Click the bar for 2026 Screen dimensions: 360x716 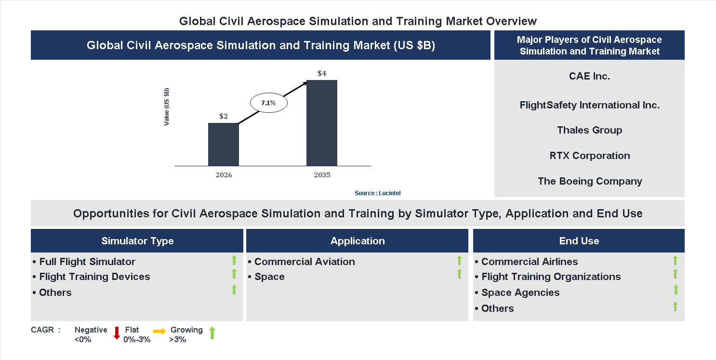(223, 144)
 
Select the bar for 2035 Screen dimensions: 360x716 (321, 123)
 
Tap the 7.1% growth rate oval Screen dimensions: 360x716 (268, 103)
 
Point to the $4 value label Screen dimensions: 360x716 (322, 73)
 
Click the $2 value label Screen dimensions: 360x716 (224, 116)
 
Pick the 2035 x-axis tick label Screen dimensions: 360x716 (322, 175)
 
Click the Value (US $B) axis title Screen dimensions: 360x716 (167, 107)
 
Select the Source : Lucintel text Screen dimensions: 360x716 (377, 193)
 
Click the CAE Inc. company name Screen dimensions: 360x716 (589, 76)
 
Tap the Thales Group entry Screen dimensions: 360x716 (589, 130)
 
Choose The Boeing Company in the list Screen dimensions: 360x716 (590, 181)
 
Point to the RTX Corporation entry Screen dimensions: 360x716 (589, 156)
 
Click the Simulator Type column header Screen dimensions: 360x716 (137, 241)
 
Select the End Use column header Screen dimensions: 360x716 (579, 241)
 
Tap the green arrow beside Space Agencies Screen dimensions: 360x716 (676, 290)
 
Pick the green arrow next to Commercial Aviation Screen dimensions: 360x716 (459, 260)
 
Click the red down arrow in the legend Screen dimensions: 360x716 (117, 333)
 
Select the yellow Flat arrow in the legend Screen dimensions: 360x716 (159, 331)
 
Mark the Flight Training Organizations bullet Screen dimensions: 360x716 (551, 277)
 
